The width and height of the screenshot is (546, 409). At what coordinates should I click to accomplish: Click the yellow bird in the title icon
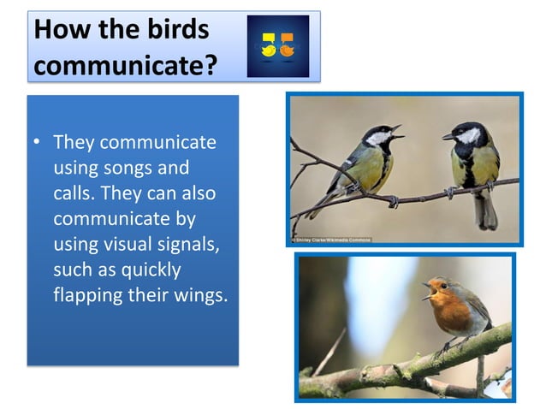[269, 44]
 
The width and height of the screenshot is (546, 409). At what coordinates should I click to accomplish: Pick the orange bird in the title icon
[287, 44]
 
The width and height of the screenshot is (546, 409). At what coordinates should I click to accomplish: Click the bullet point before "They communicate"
[38, 141]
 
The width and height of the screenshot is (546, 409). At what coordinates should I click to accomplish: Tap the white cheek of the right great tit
[467, 135]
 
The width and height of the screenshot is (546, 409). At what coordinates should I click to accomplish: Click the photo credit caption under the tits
[331, 240]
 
